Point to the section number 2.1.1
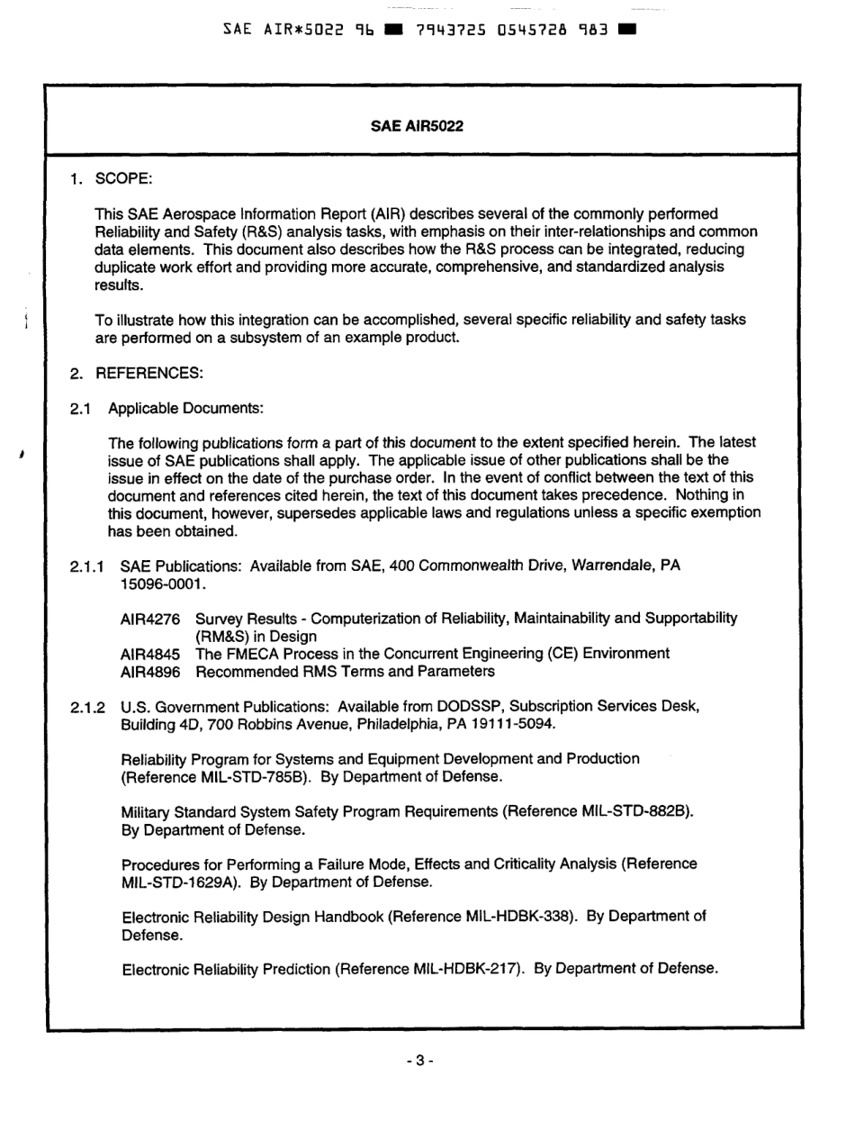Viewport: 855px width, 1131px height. point(88,566)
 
